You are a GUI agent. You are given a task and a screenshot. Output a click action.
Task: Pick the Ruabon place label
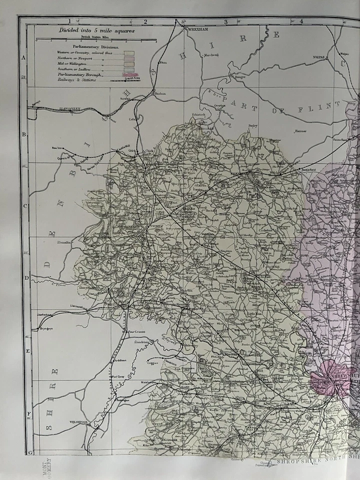click(160, 93)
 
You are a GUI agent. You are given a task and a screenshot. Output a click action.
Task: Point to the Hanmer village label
click(300, 131)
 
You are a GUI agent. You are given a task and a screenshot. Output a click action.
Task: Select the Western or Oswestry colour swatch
click(129, 51)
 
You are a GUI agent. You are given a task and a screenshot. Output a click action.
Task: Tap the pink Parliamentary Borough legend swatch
click(129, 74)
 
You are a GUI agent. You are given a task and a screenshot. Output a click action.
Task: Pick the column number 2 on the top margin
click(145, 21)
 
